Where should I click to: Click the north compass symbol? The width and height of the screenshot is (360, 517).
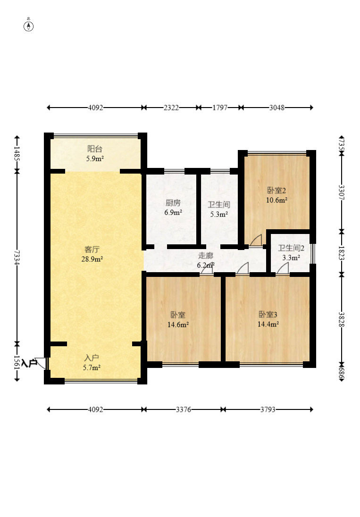coord(29,25)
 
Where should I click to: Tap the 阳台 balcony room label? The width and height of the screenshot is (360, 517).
coord(95,149)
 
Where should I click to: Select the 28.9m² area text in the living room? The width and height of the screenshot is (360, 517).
coord(94,259)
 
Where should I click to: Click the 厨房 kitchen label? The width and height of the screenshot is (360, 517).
coord(173,203)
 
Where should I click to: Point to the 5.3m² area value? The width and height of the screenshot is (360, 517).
coord(219,214)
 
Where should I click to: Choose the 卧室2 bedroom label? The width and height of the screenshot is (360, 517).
coord(277,191)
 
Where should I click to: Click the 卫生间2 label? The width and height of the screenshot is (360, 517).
coord(291,248)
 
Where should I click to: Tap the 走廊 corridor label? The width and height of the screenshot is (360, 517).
coord(205,256)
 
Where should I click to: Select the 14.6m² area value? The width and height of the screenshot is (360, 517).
coord(178,325)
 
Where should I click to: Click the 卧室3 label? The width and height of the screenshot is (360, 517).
coord(268,314)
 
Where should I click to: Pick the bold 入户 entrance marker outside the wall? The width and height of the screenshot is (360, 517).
coord(29,363)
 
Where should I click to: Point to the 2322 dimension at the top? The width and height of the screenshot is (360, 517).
coord(171,108)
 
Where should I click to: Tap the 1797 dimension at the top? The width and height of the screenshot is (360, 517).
coord(220,108)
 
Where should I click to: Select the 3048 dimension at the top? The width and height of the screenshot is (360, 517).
coord(276,108)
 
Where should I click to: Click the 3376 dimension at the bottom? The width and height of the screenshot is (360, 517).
coord(184,409)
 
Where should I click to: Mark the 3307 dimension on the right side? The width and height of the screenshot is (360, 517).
coord(341,192)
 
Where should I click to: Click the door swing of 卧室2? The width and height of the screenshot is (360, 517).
coord(256,241)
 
